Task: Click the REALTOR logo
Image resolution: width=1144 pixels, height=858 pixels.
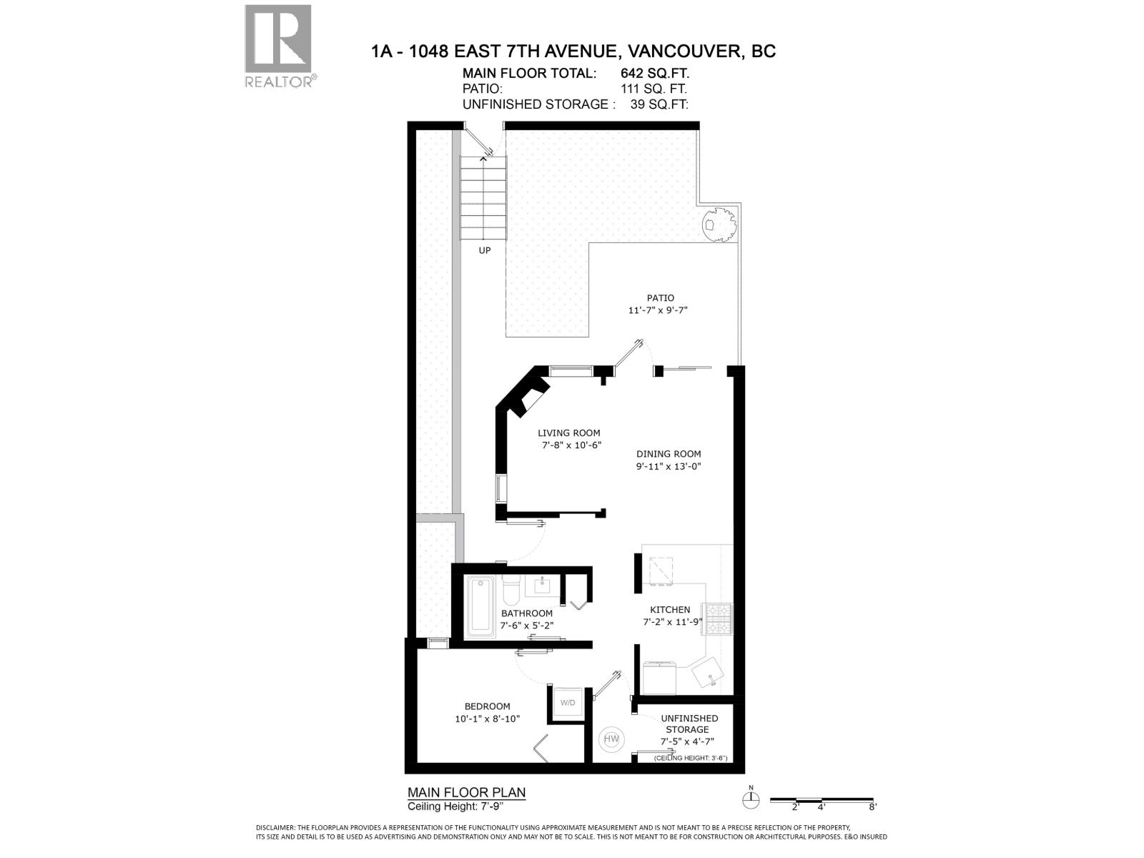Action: click(x=278, y=44)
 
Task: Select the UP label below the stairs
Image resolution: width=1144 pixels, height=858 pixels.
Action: click(x=484, y=250)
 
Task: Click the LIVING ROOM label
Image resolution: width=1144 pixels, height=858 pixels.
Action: click(x=569, y=433)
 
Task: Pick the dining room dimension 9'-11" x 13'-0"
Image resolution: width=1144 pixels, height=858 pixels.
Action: click(x=669, y=467)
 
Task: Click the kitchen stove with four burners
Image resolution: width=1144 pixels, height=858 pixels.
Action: click(x=718, y=619)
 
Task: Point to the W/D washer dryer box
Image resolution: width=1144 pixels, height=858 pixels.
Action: click(x=568, y=702)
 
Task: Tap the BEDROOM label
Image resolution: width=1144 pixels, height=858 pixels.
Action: click(x=487, y=706)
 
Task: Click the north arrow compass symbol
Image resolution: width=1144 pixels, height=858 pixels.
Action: click(x=751, y=800)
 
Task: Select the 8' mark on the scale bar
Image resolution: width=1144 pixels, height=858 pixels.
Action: click(x=872, y=807)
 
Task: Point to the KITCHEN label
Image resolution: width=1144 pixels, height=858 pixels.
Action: click(x=670, y=610)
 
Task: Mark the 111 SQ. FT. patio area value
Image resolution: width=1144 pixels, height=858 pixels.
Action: click(x=654, y=89)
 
